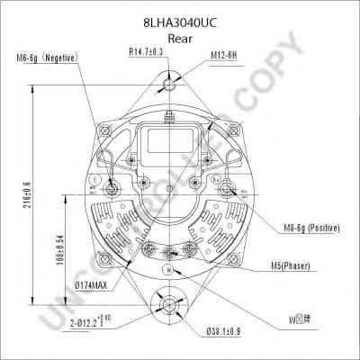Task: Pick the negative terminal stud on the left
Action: coord(112,191)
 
